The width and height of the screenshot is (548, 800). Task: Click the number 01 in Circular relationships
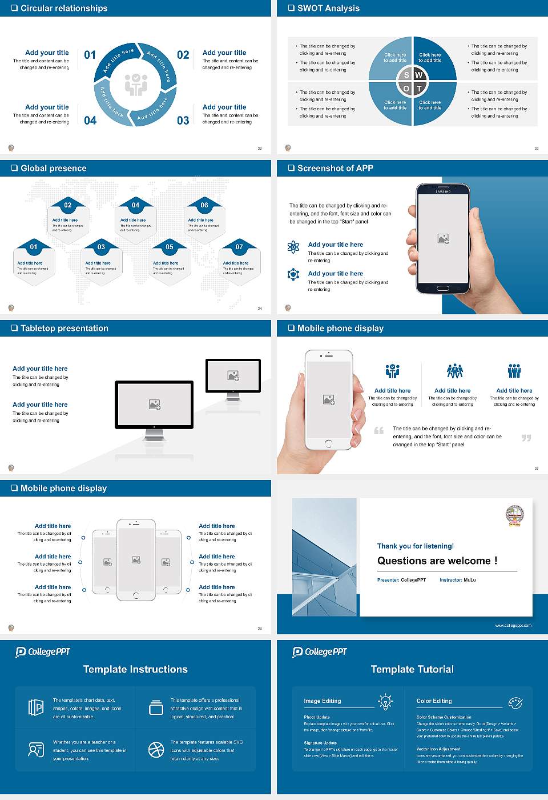pos(90,55)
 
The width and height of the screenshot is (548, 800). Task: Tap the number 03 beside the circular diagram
pos(183,121)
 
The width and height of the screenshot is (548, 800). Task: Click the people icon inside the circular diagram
pos(136,85)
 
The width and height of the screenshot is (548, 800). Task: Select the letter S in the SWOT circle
pos(406,75)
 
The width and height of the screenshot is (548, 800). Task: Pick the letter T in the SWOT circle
pos(420,89)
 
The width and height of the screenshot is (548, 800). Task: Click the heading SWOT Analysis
pos(328,8)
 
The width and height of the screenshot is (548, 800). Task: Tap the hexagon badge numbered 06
pos(204,205)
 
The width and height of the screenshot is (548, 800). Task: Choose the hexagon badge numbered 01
pos(34,247)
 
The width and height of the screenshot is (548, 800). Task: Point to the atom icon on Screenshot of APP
pos(293,247)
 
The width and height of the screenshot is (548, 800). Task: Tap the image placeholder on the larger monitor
pos(155,405)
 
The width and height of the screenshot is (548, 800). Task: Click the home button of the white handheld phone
pos(328,443)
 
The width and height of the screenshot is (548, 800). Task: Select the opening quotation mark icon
pos(379,430)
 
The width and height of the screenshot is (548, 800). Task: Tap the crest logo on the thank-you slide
pos(514,515)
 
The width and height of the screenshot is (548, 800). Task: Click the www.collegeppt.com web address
pos(513,625)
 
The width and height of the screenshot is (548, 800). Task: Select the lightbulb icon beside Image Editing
pos(385,702)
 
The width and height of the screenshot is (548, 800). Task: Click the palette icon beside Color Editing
pos(515,702)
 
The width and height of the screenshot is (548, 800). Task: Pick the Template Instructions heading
pos(135,669)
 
